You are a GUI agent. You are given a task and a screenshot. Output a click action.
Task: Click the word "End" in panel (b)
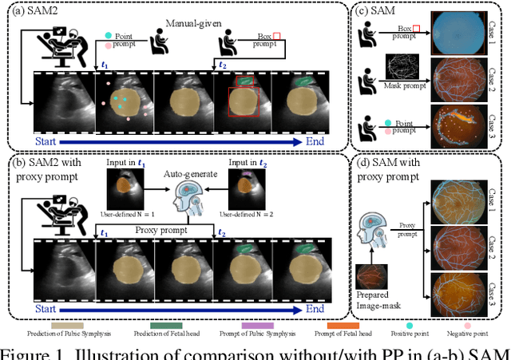[317, 307]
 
